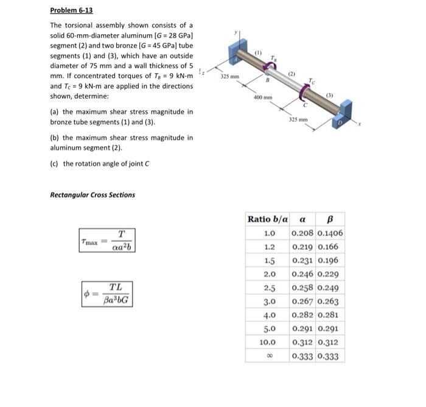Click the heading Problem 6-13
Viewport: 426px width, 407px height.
point(71,11)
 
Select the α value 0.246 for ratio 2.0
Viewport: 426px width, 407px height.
point(302,274)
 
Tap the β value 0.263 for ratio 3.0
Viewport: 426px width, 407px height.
point(329,302)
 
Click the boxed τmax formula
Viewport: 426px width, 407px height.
point(106,240)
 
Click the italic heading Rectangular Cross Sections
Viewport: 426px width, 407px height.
point(93,195)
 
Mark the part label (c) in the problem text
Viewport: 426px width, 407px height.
point(55,163)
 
